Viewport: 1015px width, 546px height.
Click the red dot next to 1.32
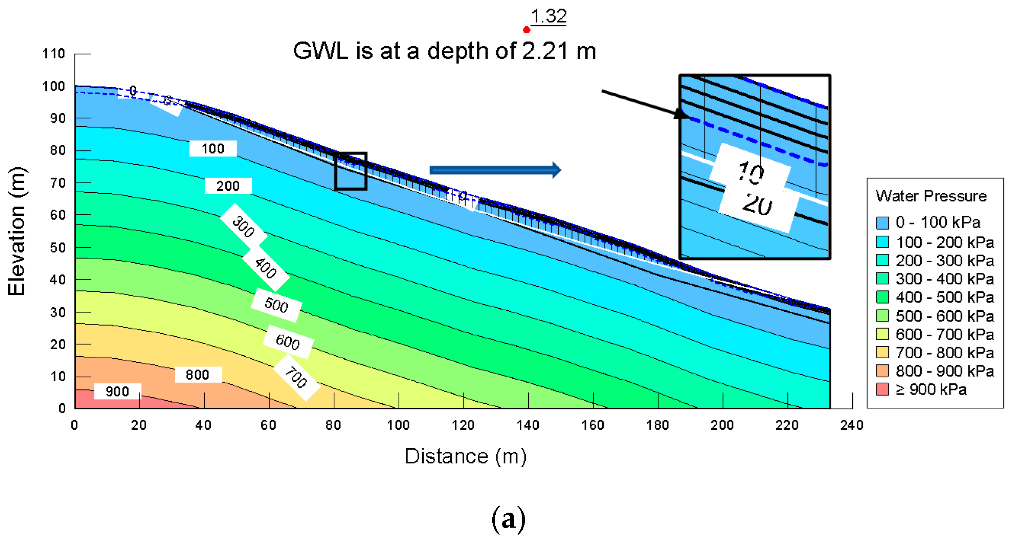tap(526, 30)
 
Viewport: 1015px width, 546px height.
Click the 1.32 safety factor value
tap(549, 16)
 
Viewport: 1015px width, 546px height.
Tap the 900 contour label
tap(117, 392)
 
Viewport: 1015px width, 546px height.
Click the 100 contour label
tap(213, 148)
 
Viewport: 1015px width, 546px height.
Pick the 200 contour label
tap(228, 186)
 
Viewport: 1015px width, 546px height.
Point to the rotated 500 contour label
tap(277, 305)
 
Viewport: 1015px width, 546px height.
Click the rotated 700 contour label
tap(296, 377)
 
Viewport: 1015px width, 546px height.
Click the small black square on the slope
tap(351, 171)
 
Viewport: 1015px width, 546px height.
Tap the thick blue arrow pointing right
tap(495, 170)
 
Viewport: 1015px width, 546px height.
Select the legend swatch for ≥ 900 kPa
tap(882, 389)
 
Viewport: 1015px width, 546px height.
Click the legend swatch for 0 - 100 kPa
tap(882, 223)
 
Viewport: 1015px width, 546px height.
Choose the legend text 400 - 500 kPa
tap(945, 298)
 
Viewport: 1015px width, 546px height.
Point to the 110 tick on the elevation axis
tap(54, 54)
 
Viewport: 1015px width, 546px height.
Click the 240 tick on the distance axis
tap(852, 425)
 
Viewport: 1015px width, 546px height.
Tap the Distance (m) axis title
tap(465, 456)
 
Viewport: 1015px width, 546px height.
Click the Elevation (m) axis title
tap(17, 231)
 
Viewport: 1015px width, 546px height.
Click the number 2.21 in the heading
tap(545, 51)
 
